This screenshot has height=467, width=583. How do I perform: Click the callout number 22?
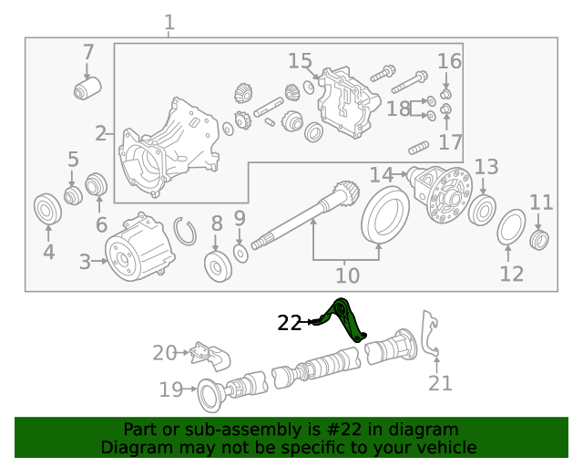(289, 322)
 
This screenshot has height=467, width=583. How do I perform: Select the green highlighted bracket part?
(347, 320)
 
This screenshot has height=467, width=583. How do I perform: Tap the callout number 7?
(88, 52)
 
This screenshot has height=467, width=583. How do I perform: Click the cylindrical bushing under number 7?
(87, 89)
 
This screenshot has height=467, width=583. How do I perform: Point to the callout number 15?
(300, 61)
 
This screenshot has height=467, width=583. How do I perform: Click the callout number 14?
(381, 173)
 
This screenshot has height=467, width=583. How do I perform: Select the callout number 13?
(486, 167)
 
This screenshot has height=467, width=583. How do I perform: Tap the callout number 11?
(541, 202)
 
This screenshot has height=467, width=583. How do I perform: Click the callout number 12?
(512, 273)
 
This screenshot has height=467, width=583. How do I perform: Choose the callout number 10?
(347, 275)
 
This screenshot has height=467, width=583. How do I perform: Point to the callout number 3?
(85, 263)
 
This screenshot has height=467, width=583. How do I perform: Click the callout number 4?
(48, 252)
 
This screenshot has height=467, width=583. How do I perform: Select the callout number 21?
(440, 383)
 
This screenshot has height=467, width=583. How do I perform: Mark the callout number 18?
(398, 109)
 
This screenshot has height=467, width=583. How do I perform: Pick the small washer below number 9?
(240, 251)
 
